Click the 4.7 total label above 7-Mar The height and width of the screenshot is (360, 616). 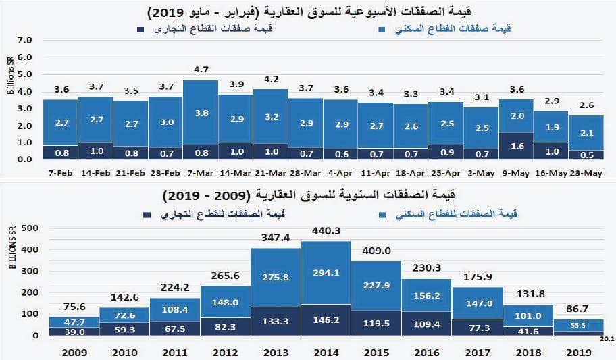click(200, 70)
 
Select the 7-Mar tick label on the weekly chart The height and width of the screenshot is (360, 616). click(200, 173)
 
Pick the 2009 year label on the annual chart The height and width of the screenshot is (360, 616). click(74, 352)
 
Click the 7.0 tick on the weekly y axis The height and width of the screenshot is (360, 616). click(25, 41)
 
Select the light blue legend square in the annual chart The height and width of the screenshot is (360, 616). click(382, 214)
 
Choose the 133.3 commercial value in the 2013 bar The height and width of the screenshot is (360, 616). click(275, 321)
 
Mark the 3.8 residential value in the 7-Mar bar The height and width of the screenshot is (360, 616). click(200, 113)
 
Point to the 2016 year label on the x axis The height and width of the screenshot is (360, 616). click(426, 352)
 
